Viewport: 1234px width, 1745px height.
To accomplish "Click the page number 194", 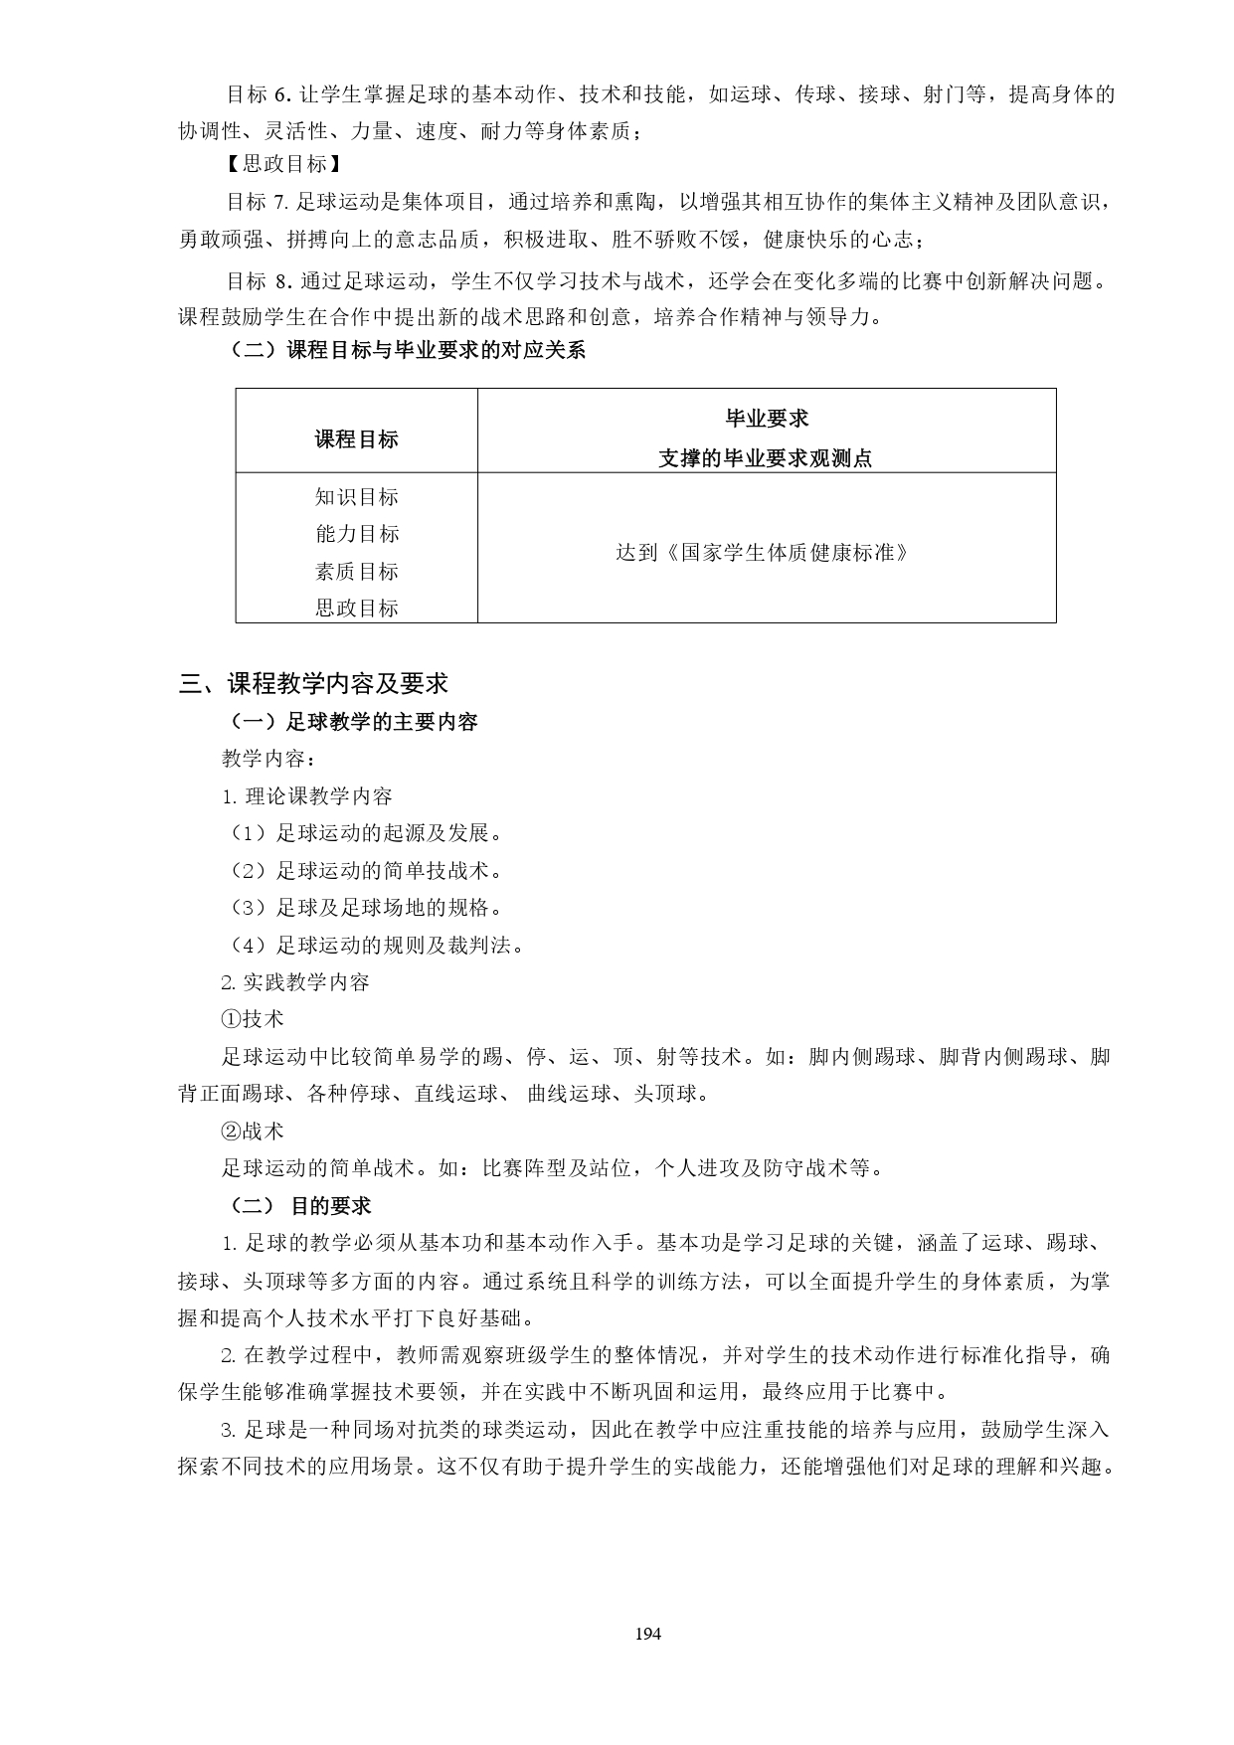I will [646, 1634].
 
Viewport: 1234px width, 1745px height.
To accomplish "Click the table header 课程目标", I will [356, 439].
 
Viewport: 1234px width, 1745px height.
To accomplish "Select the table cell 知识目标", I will [356, 497].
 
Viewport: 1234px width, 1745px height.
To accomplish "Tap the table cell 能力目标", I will [356, 534].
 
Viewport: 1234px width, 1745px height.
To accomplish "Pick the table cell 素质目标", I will [356, 571].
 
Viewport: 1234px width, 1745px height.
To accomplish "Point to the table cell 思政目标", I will [356, 608].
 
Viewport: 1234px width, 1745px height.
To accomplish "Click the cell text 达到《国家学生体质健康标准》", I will [763, 552].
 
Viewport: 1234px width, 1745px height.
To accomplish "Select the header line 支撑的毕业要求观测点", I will [766, 458].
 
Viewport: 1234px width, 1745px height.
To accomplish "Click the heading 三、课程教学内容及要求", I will [313, 683].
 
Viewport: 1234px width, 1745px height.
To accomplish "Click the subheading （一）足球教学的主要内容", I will [353, 722].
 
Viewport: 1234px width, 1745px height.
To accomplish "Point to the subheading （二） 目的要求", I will [299, 1206].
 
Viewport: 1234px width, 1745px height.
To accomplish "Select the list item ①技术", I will [253, 1019].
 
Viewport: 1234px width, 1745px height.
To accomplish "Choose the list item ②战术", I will [253, 1132].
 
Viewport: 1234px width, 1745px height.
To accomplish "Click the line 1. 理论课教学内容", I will [307, 796].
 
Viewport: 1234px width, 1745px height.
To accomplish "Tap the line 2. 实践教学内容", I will [295, 982].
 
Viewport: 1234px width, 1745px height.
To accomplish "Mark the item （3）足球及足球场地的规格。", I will [364, 908].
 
